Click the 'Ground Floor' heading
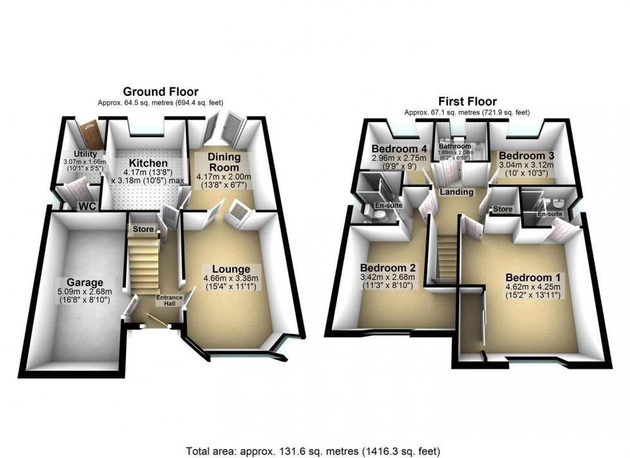160,92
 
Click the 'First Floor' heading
467,101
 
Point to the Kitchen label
148,163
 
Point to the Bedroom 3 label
526,156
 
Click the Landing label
456,192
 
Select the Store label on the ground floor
143,229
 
